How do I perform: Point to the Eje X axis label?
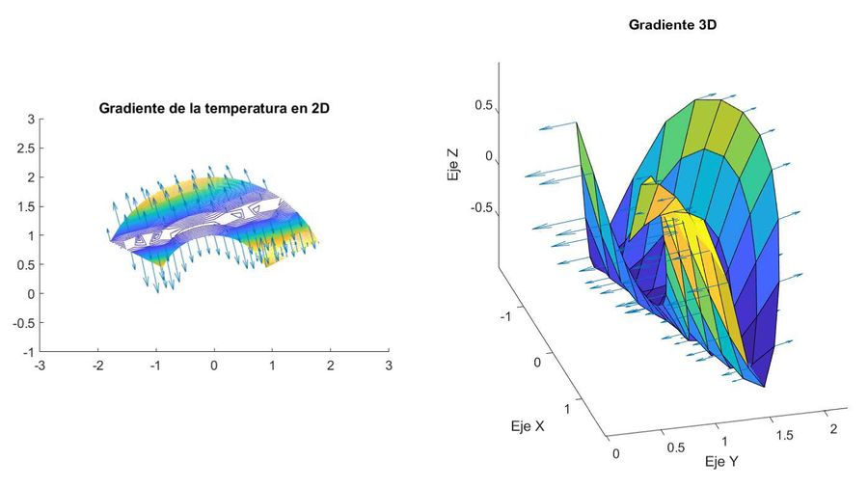(x=526, y=425)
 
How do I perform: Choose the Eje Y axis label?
(x=720, y=461)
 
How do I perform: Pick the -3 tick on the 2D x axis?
(x=38, y=366)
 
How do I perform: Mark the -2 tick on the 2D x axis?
(x=96, y=366)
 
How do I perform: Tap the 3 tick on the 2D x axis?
(x=389, y=366)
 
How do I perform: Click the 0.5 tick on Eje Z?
(x=481, y=104)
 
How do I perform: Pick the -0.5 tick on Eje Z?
(x=479, y=208)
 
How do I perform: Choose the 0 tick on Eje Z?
(x=487, y=156)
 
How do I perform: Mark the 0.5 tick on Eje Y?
(x=675, y=447)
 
